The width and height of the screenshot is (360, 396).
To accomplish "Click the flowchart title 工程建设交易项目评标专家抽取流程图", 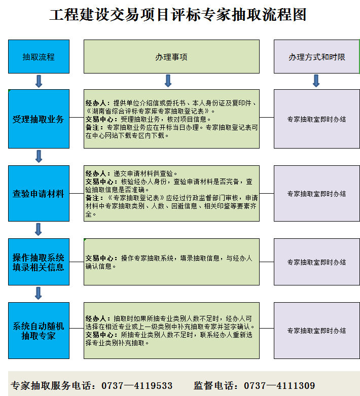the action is click(178, 14).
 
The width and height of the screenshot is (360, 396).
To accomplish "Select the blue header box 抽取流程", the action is click(39, 57).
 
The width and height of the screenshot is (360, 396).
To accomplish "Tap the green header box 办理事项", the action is click(171, 57).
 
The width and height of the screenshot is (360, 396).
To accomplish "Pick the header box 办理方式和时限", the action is click(317, 57).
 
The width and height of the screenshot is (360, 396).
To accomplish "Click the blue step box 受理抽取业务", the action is click(39, 119).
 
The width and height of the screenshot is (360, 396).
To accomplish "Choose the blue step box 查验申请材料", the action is click(39, 194).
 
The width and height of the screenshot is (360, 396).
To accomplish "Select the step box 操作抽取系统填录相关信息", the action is click(39, 262).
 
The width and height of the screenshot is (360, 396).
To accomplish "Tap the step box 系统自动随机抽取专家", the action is click(39, 331).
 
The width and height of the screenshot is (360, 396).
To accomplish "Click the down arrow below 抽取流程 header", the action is click(39, 81).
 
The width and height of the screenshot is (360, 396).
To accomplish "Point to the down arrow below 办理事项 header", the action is click(168, 81).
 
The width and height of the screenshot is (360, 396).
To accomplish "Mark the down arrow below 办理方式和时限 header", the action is click(316, 81).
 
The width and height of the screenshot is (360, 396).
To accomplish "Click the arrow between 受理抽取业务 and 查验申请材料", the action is click(39, 156).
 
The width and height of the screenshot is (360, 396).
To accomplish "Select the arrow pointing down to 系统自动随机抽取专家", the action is click(39, 293).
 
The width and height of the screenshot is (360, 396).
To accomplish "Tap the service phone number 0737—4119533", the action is click(137, 386).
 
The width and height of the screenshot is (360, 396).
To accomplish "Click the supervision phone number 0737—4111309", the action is click(279, 386).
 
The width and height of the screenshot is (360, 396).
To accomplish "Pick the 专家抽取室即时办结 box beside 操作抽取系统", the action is click(317, 262).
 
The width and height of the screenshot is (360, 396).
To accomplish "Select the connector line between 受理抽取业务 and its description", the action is click(77, 117).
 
